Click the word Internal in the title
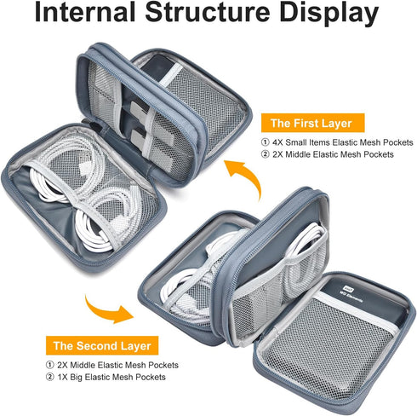85,12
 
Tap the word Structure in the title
208,12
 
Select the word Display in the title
329,14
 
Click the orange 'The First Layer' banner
313,123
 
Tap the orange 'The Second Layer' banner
102,345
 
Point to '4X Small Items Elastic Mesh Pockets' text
343,142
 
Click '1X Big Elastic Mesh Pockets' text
111,377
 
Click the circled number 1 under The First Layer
266,142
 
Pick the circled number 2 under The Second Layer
50,377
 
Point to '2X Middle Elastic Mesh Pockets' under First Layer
333,154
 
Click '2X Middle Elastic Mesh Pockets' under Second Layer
117,365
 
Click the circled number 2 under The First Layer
266,154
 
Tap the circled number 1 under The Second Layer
50,365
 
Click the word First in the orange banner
306,123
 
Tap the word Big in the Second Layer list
76,378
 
